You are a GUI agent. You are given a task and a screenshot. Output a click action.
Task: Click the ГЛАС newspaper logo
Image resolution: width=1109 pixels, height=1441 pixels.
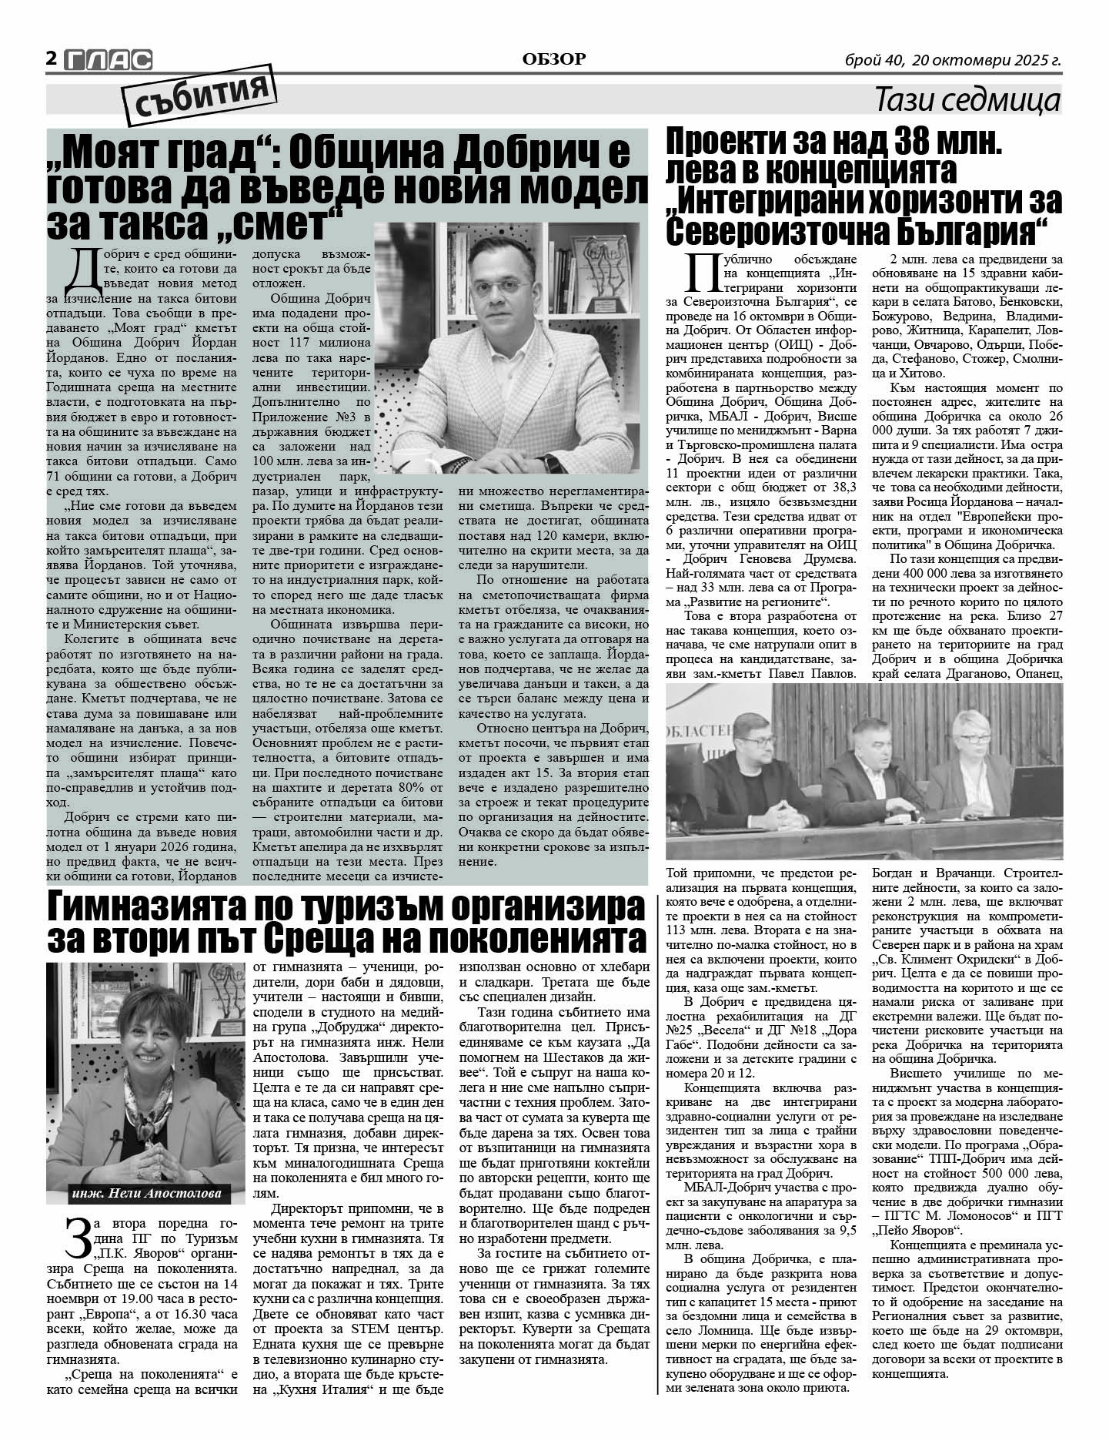click(x=108, y=60)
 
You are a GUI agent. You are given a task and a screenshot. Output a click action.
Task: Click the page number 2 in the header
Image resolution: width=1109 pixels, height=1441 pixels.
click(x=52, y=59)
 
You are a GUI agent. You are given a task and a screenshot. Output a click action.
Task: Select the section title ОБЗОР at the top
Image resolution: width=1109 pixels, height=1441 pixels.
click(x=553, y=59)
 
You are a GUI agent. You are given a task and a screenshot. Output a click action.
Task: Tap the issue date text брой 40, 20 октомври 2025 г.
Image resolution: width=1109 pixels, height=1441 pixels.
click(x=953, y=60)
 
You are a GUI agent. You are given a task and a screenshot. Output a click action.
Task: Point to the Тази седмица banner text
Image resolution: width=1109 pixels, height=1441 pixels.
click(x=967, y=100)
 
